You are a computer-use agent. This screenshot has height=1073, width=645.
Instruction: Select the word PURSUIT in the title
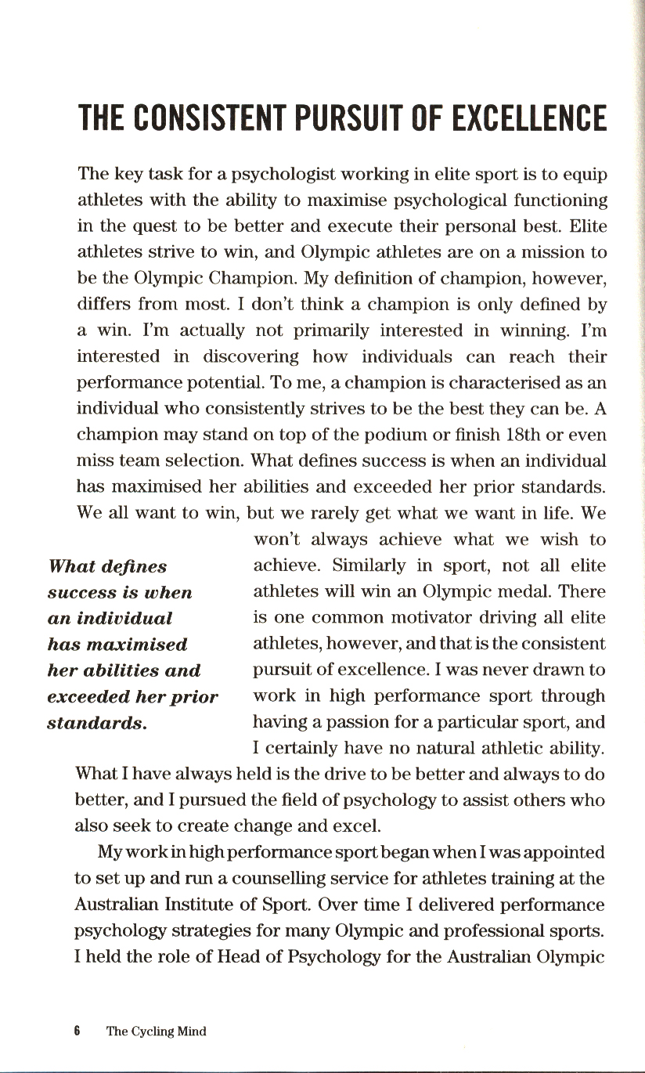point(354,119)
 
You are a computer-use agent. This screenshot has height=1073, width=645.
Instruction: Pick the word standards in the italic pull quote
point(95,723)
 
